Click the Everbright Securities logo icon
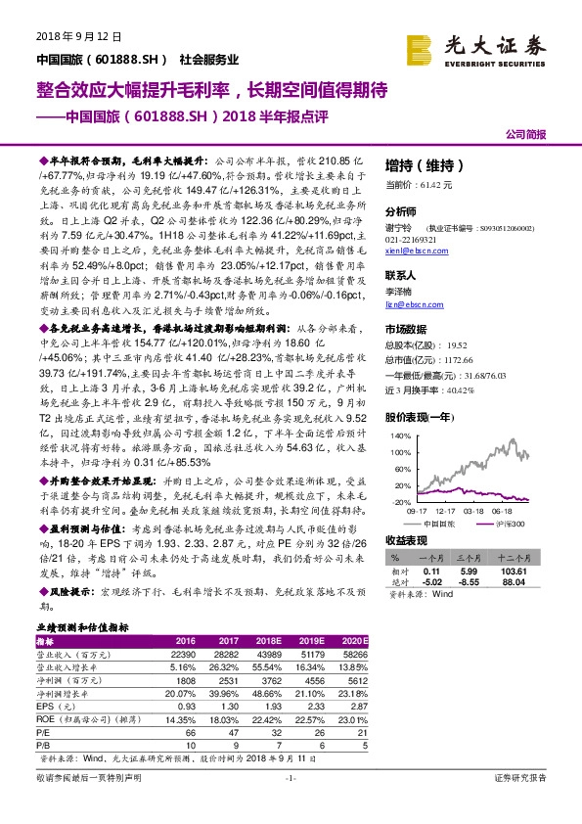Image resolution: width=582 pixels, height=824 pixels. point(419,47)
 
